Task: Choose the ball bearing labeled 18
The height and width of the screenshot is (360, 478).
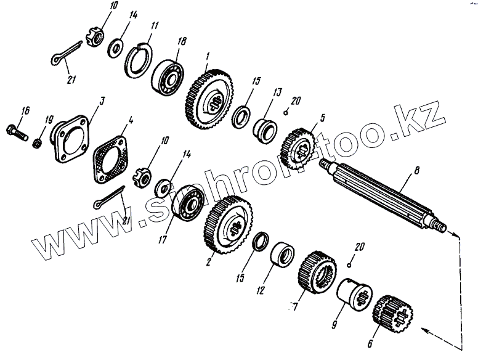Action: coord(167,75)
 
